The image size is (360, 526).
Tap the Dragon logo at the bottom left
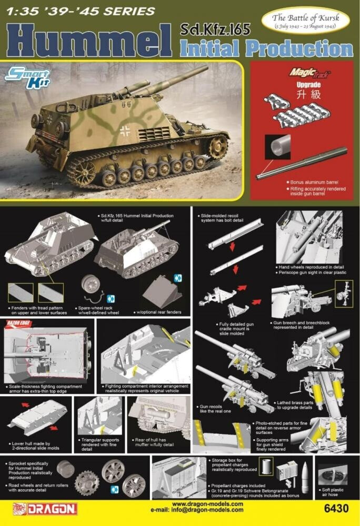(x=45, y=509)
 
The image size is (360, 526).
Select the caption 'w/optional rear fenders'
(x=161, y=312)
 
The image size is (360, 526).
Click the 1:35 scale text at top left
(x=21, y=11)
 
